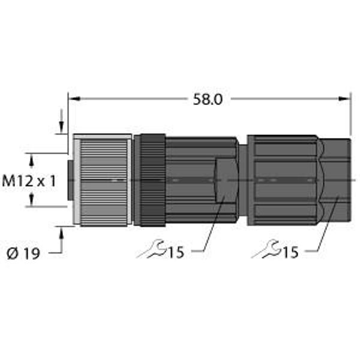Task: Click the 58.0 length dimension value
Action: point(208,100)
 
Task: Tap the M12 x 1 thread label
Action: point(29,181)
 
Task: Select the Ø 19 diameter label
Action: point(23,253)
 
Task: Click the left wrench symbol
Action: point(152,248)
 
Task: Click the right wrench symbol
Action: point(266,248)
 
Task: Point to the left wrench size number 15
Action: point(176,253)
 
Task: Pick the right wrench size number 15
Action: point(290,253)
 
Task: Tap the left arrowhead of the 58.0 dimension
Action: point(74,99)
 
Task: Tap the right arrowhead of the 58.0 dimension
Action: point(344,99)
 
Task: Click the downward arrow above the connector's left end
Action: point(61,121)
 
